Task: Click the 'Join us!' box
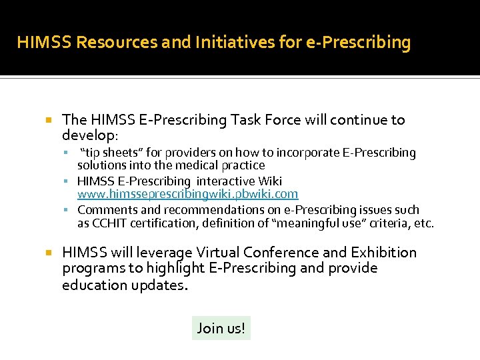pyautogui.click(x=221, y=328)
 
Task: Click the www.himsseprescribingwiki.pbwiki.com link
pyautogui.click(x=187, y=194)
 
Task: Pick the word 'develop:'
pyautogui.click(x=90, y=135)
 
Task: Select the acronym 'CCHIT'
pyautogui.click(x=109, y=223)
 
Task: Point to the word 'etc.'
pyautogui.click(x=423, y=223)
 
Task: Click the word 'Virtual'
pyautogui.click(x=217, y=253)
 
